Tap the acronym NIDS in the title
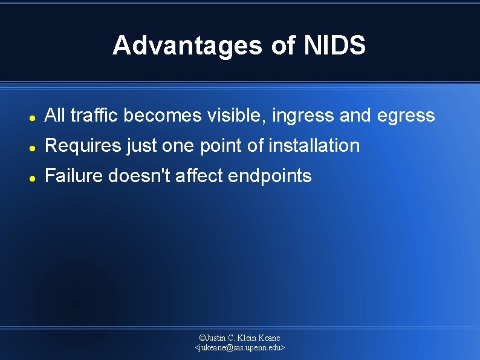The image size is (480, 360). pyautogui.click(x=334, y=46)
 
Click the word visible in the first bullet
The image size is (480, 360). pyautogui.click(x=236, y=115)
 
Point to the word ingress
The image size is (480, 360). pyautogui.click(x=303, y=116)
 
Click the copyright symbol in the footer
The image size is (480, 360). pyautogui.click(x=203, y=338)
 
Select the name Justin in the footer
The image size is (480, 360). pyautogui.click(x=217, y=338)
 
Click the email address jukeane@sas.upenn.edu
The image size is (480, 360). pyautogui.click(x=240, y=348)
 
